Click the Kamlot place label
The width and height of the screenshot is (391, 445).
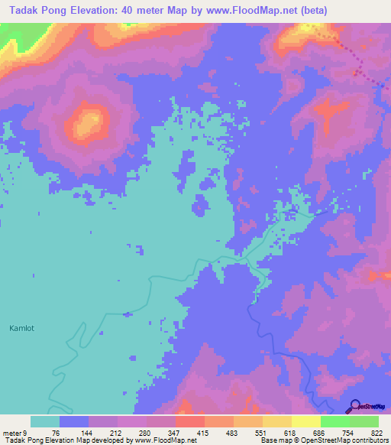(x=22, y=329)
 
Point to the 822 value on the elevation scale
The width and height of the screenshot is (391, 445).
(x=377, y=433)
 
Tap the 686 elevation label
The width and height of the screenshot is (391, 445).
(x=320, y=433)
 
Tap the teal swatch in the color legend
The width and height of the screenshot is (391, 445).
(x=45, y=421)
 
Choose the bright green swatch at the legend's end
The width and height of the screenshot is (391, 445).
(x=364, y=421)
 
